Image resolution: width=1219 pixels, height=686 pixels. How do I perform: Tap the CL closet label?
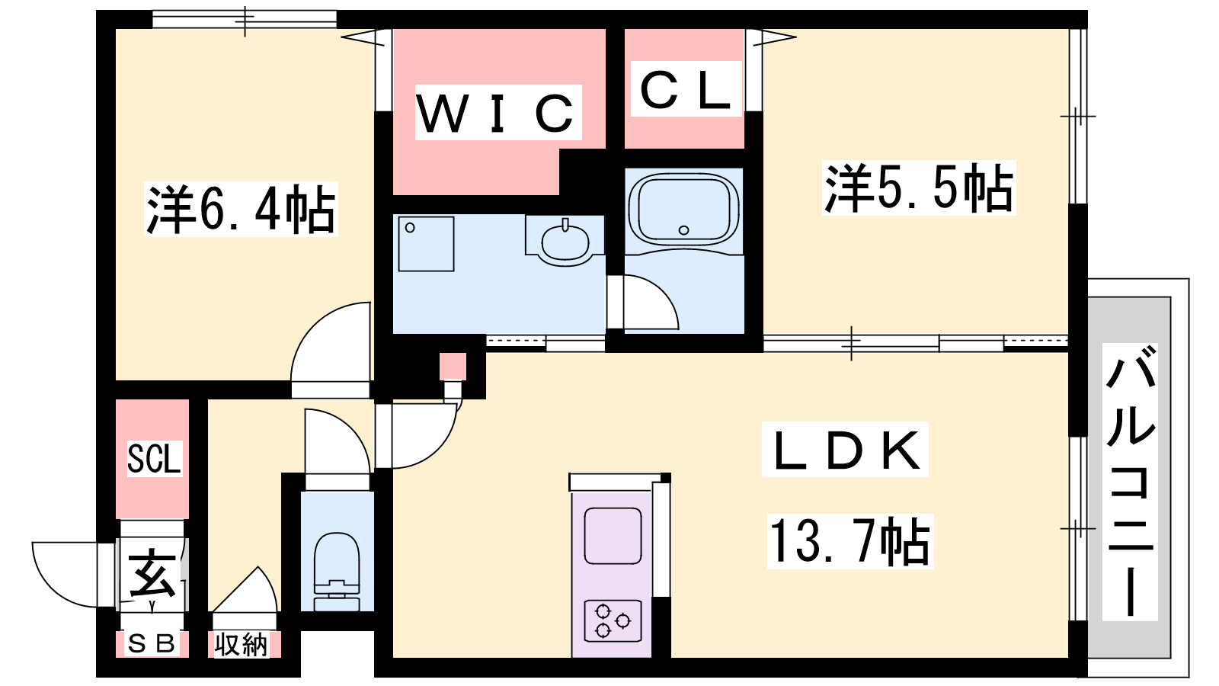point(685,90)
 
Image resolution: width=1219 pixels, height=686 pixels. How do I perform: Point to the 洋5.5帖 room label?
point(919,188)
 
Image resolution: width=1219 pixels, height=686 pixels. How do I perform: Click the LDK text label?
point(846,450)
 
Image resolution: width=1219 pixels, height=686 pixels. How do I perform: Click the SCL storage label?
point(153,459)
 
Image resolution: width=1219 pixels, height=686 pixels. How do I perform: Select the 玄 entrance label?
point(153,575)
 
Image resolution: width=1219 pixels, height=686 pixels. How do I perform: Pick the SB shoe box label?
point(152,644)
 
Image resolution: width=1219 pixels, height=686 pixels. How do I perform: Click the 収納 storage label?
point(241,645)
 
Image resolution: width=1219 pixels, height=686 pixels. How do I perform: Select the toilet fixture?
point(337,571)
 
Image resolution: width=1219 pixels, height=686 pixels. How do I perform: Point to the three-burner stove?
point(613,620)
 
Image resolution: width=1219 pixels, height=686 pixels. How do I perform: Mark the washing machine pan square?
point(426,244)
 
